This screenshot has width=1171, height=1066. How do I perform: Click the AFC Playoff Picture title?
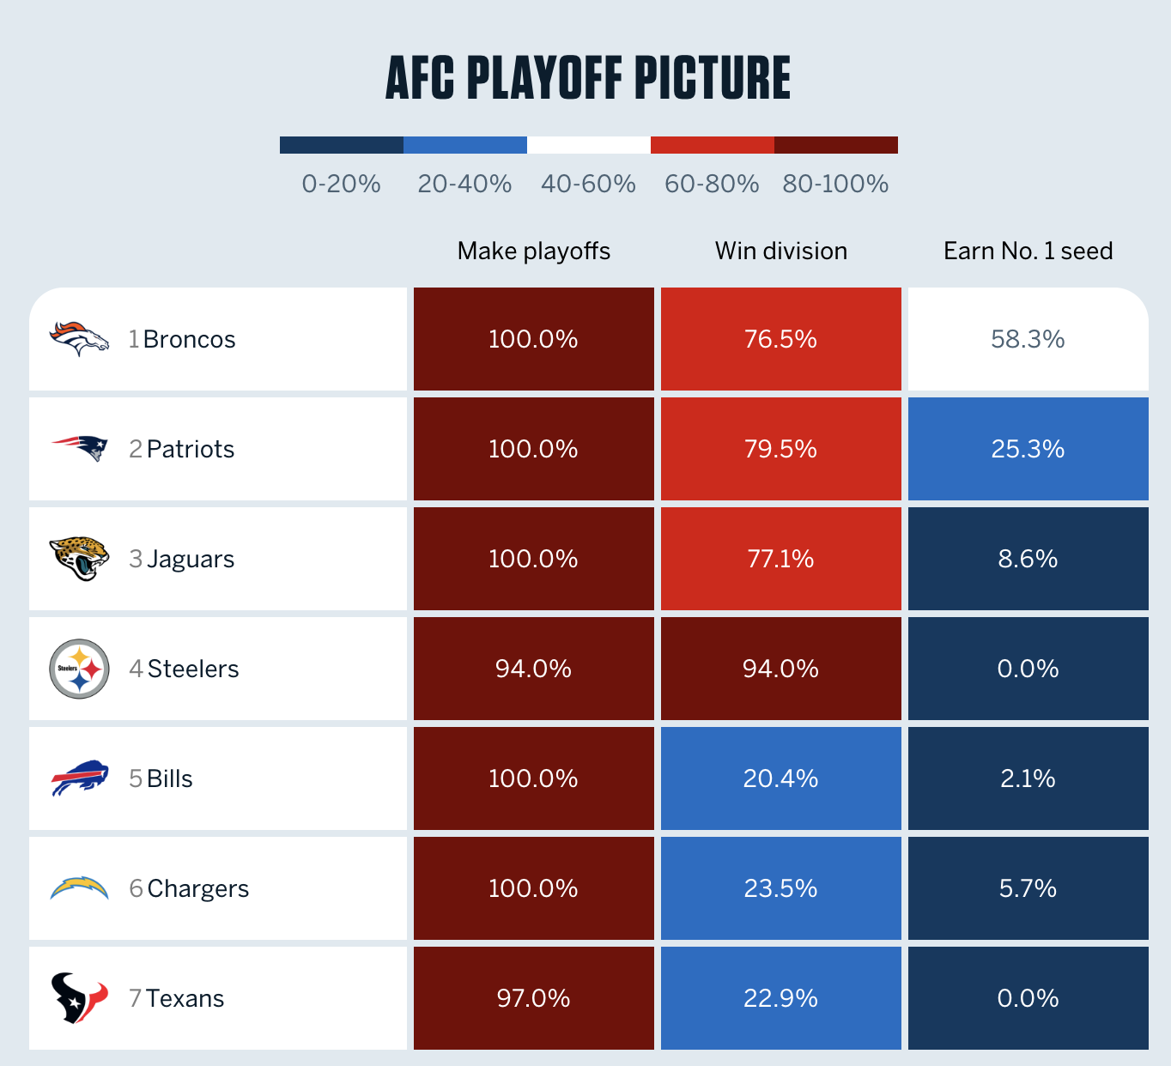[588, 77]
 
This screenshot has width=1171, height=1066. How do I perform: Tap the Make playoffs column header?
[533, 251]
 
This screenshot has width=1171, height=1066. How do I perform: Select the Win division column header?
[780, 251]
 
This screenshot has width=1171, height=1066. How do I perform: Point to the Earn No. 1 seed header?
[1028, 251]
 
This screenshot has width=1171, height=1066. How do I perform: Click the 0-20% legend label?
[341, 184]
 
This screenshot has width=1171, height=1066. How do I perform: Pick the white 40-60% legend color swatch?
[589, 145]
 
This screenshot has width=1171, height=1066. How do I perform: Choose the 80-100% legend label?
[835, 184]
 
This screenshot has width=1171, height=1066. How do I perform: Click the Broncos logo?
[79, 339]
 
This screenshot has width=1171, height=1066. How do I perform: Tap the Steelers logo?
[79, 669]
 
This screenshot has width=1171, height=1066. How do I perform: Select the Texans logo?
[79, 998]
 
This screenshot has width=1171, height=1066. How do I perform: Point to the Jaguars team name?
[191, 559]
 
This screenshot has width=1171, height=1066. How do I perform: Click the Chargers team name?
[197, 888]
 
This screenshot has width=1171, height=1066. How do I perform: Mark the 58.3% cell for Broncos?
[1028, 339]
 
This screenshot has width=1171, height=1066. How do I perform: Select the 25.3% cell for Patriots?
[1028, 449]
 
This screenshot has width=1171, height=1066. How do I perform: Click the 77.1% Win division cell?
[780, 559]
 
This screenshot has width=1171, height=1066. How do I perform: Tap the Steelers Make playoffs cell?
[533, 669]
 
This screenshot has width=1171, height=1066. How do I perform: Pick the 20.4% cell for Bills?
[780, 778]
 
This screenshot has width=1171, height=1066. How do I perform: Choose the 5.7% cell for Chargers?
[1028, 888]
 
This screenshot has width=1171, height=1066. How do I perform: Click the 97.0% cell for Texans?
[533, 998]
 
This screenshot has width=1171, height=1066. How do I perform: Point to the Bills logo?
[79, 778]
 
